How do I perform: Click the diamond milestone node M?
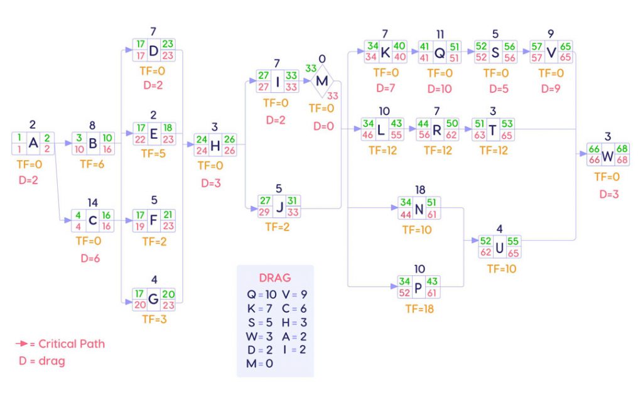[x=322, y=81]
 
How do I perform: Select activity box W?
[x=608, y=155]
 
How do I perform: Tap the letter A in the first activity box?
[x=33, y=143]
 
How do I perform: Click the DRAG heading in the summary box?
[x=275, y=278]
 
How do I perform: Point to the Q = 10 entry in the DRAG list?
[x=262, y=295]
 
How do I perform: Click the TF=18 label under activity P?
[x=419, y=309]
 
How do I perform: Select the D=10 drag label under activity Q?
[x=440, y=89]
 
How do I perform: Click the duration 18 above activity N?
[x=420, y=190]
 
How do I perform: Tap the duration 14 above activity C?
[x=93, y=203]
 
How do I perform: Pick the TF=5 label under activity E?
[x=153, y=153]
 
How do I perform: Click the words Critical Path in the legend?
[x=72, y=344]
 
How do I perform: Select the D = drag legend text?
[x=42, y=361]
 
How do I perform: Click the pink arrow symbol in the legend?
[x=22, y=344]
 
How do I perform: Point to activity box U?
[x=499, y=247]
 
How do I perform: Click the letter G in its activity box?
[x=153, y=299]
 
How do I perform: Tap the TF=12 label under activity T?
[x=494, y=151]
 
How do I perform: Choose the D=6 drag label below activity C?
[x=90, y=258]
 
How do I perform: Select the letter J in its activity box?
[x=280, y=206]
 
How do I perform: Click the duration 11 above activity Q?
[x=440, y=34]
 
